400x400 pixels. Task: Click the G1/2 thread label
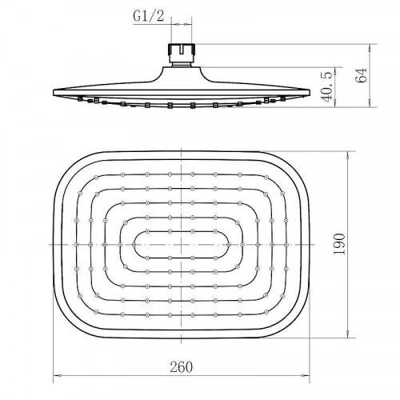point(148,17)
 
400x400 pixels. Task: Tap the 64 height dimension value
point(362,75)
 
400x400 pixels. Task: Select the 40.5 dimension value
point(327,86)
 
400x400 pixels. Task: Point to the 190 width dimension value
point(339,244)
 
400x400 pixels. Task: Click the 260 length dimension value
point(181,367)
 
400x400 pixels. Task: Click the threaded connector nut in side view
point(182,50)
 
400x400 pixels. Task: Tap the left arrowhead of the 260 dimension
point(58,375)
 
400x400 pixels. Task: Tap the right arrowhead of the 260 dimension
point(306,375)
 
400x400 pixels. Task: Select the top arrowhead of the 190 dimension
point(348,156)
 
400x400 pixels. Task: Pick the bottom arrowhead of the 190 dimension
point(348,334)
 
